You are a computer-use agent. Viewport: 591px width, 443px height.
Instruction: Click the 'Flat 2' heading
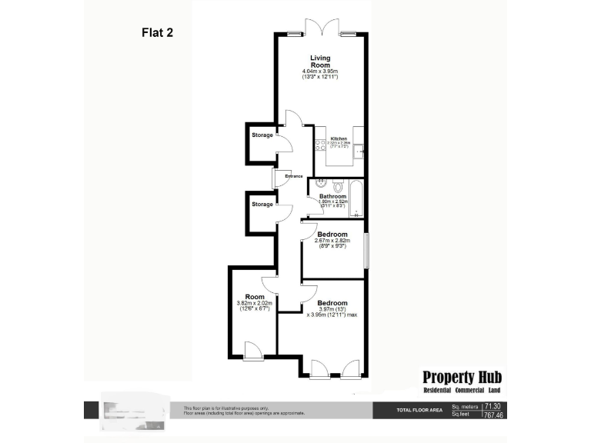tap(158, 32)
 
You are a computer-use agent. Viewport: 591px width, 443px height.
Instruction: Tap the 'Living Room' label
tap(320, 62)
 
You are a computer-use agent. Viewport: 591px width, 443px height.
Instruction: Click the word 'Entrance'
tap(294, 177)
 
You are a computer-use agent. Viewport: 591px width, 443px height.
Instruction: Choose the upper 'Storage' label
tap(262, 136)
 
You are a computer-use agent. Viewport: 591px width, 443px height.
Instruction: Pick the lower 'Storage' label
tap(262, 205)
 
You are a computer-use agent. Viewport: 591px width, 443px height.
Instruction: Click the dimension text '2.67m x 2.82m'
tap(332, 241)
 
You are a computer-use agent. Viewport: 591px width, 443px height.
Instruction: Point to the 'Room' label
tap(255, 297)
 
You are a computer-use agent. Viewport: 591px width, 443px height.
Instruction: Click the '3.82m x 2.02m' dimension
tap(255, 303)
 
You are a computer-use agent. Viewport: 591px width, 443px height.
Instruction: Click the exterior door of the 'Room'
tap(252, 352)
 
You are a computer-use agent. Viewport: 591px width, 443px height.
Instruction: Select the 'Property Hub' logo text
tap(462, 377)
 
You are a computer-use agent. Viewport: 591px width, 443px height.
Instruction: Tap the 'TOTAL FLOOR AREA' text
tap(418, 410)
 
